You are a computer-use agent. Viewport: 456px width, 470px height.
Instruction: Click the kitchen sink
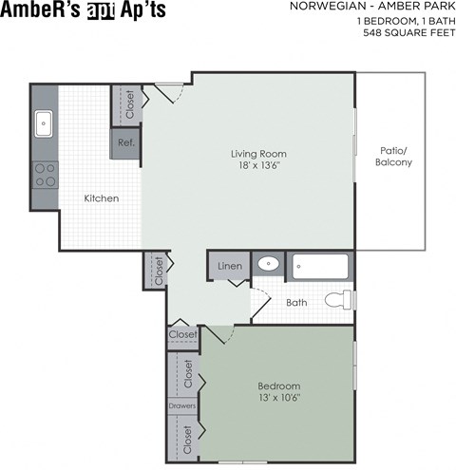(x=44, y=123)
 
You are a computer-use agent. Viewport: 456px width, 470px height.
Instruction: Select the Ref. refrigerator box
(x=125, y=142)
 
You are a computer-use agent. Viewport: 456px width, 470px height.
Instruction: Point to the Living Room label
(x=258, y=153)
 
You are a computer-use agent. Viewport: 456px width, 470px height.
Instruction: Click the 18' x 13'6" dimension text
(x=258, y=166)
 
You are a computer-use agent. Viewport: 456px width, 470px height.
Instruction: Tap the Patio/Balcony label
(x=392, y=157)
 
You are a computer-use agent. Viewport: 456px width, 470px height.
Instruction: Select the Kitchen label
(x=102, y=198)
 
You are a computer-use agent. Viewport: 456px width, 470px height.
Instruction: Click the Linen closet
(x=229, y=266)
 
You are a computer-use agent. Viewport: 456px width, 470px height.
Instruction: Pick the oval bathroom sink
(x=271, y=265)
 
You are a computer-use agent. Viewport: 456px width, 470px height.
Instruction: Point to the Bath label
(x=296, y=303)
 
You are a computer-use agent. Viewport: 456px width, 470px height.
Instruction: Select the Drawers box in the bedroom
(x=182, y=406)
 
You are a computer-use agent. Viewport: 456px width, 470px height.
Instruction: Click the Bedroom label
(x=278, y=386)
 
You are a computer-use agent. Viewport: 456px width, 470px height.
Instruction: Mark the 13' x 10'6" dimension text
(x=278, y=400)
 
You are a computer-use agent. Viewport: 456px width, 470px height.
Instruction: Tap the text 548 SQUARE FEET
(x=404, y=32)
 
